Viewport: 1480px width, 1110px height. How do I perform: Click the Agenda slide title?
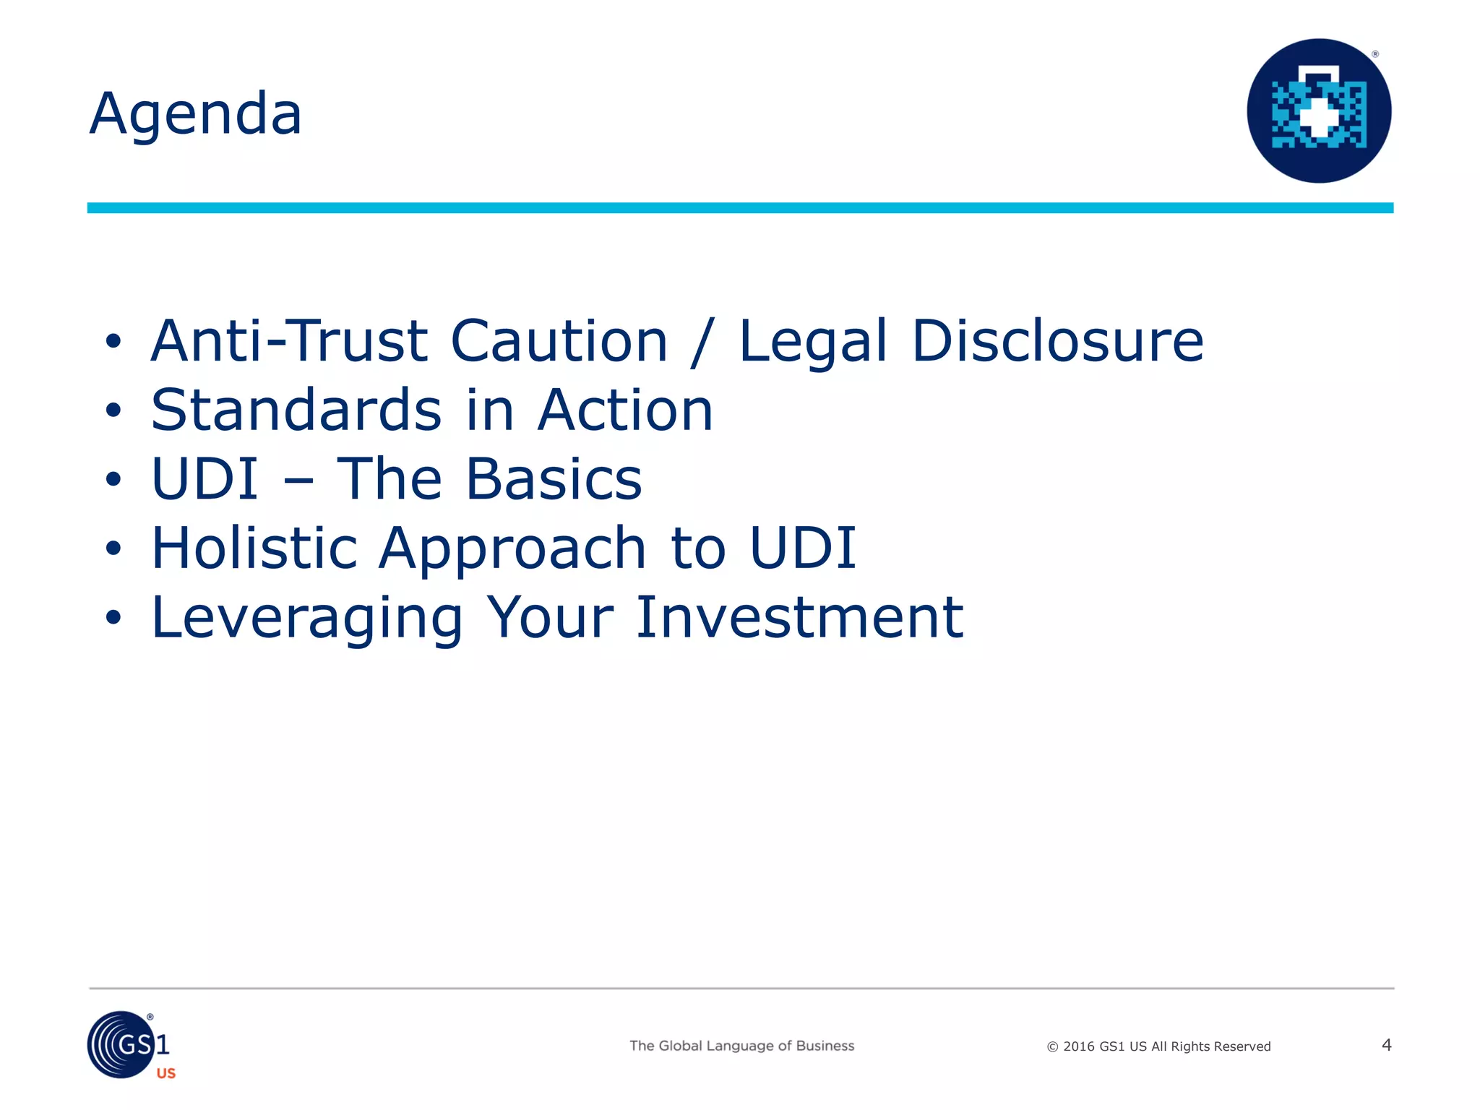196,114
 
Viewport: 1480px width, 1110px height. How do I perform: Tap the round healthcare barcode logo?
1319,111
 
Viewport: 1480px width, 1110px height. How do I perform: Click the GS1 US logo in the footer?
131,1046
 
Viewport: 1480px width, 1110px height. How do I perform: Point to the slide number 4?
1386,1045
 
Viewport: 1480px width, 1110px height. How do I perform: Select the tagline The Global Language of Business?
741,1046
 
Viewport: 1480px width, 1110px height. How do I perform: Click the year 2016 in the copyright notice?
1079,1046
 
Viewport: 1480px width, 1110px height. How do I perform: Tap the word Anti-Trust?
290,341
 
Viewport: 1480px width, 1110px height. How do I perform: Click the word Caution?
559,341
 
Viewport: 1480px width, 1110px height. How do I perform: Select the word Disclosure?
1057,341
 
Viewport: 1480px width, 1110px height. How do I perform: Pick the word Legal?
812,343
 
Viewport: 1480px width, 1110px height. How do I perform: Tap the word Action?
625,410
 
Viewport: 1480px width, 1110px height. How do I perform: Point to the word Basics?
554,479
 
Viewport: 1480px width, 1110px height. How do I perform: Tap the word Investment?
799,617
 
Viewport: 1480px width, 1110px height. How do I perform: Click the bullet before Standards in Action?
113,410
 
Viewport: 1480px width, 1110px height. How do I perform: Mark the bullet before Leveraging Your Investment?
113,618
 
